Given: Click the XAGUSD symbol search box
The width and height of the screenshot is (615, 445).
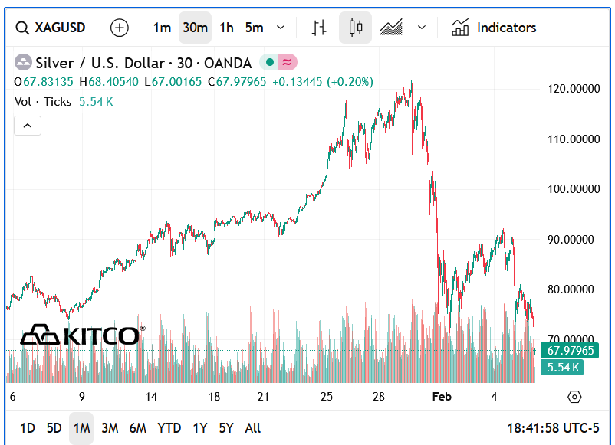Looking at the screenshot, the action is [x=50, y=28].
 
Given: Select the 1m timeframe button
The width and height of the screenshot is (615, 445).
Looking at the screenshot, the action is [x=162, y=28].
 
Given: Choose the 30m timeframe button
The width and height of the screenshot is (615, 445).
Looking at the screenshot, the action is [x=195, y=28].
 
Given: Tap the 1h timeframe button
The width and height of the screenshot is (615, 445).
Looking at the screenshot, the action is [x=226, y=28].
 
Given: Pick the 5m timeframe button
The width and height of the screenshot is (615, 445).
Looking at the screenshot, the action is [x=254, y=28].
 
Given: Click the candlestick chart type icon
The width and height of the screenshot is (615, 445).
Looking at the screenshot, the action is [x=355, y=28].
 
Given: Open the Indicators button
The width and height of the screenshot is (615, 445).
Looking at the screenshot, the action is [x=494, y=28].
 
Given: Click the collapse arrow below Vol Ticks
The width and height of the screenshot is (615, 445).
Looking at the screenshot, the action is [x=28, y=126].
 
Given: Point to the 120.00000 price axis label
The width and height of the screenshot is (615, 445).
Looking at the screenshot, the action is [x=574, y=89].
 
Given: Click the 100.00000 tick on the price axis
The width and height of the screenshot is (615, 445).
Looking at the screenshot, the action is [x=574, y=189].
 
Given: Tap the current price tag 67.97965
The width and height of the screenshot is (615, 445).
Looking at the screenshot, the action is [x=570, y=350].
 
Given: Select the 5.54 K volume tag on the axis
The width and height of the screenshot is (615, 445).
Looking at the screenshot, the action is [x=562, y=368].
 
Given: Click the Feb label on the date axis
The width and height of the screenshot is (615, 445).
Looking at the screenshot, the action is [x=442, y=397].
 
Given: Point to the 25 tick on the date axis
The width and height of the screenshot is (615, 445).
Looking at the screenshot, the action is [x=327, y=397].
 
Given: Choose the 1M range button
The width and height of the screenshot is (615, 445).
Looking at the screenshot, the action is [x=81, y=428].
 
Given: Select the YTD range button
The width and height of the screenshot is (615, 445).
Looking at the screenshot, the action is [x=169, y=428].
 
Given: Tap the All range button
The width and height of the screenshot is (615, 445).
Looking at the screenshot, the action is [x=252, y=428].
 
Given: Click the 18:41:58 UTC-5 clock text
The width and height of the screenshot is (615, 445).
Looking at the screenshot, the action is [x=553, y=428].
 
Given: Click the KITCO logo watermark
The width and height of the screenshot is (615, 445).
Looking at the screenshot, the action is [x=82, y=335].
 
